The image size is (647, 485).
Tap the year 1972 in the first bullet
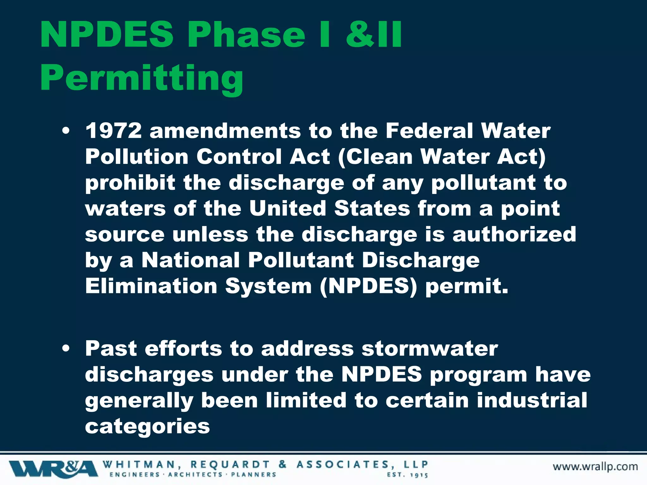point(114,131)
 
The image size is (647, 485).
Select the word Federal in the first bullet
point(429,131)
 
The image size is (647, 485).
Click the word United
point(287,208)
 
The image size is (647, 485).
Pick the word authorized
point(514,234)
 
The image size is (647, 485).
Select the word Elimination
point(151,286)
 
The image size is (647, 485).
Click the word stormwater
point(430,349)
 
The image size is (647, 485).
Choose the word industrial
point(532,400)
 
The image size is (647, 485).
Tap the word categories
point(147,426)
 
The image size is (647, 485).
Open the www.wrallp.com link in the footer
point(595,467)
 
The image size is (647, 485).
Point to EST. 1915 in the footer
point(408,475)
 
